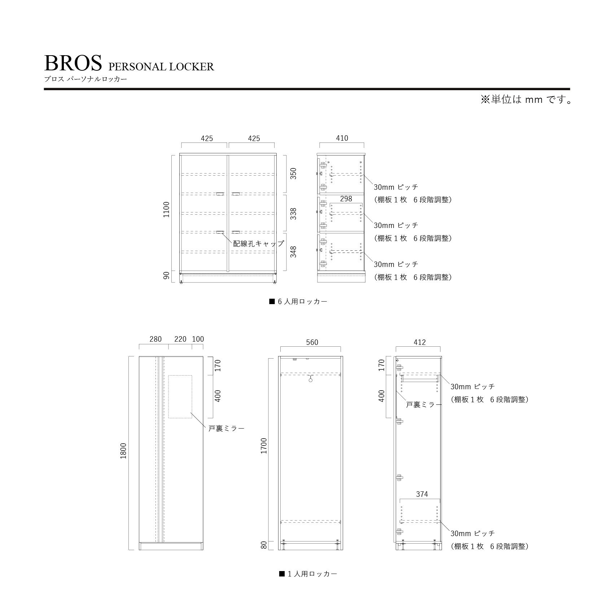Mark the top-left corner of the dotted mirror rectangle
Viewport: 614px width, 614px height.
point(168,375)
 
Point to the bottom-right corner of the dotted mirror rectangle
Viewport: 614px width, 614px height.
point(192,418)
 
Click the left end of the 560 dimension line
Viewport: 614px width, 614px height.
point(280,347)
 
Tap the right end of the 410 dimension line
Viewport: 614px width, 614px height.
point(364,143)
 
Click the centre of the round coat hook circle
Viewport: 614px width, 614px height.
point(310,380)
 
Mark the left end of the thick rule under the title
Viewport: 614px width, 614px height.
point(44,89)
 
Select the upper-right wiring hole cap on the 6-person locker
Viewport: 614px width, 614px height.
point(236,194)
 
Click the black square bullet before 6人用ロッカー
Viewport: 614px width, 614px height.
point(272,301)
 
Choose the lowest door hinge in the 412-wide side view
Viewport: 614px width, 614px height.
point(399,531)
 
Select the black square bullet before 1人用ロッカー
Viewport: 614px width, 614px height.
point(282,574)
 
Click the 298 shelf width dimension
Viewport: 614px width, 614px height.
point(346,199)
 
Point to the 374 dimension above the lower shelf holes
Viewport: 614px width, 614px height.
point(422,494)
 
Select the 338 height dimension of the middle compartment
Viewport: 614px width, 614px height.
point(293,214)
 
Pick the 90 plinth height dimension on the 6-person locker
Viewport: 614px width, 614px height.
point(166,276)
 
